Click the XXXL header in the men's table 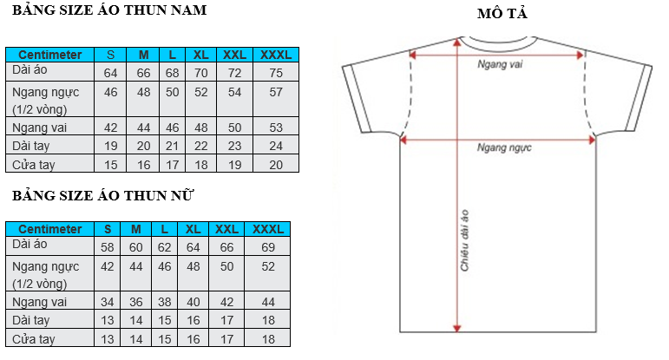(x=276, y=55)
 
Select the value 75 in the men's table (x=276, y=73)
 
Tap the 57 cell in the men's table (x=276, y=92)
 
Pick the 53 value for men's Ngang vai (x=276, y=128)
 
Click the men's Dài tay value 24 (x=276, y=146)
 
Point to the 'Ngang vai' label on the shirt (x=500, y=64)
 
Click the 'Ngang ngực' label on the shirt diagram (x=504, y=148)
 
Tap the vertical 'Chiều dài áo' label (x=464, y=240)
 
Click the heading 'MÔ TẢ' (x=502, y=13)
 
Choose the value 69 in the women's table (x=268, y=247)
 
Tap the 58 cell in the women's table (x=107, y=247)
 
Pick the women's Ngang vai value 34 (x=107, y=302)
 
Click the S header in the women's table (x=108, y=229)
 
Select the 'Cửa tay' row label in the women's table (x=33, y=339)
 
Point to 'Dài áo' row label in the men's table (x=30, y=70)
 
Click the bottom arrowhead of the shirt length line (x=457, y=329)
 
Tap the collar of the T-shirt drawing (x=498, y=42)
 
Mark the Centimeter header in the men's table (x=50, y=55)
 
